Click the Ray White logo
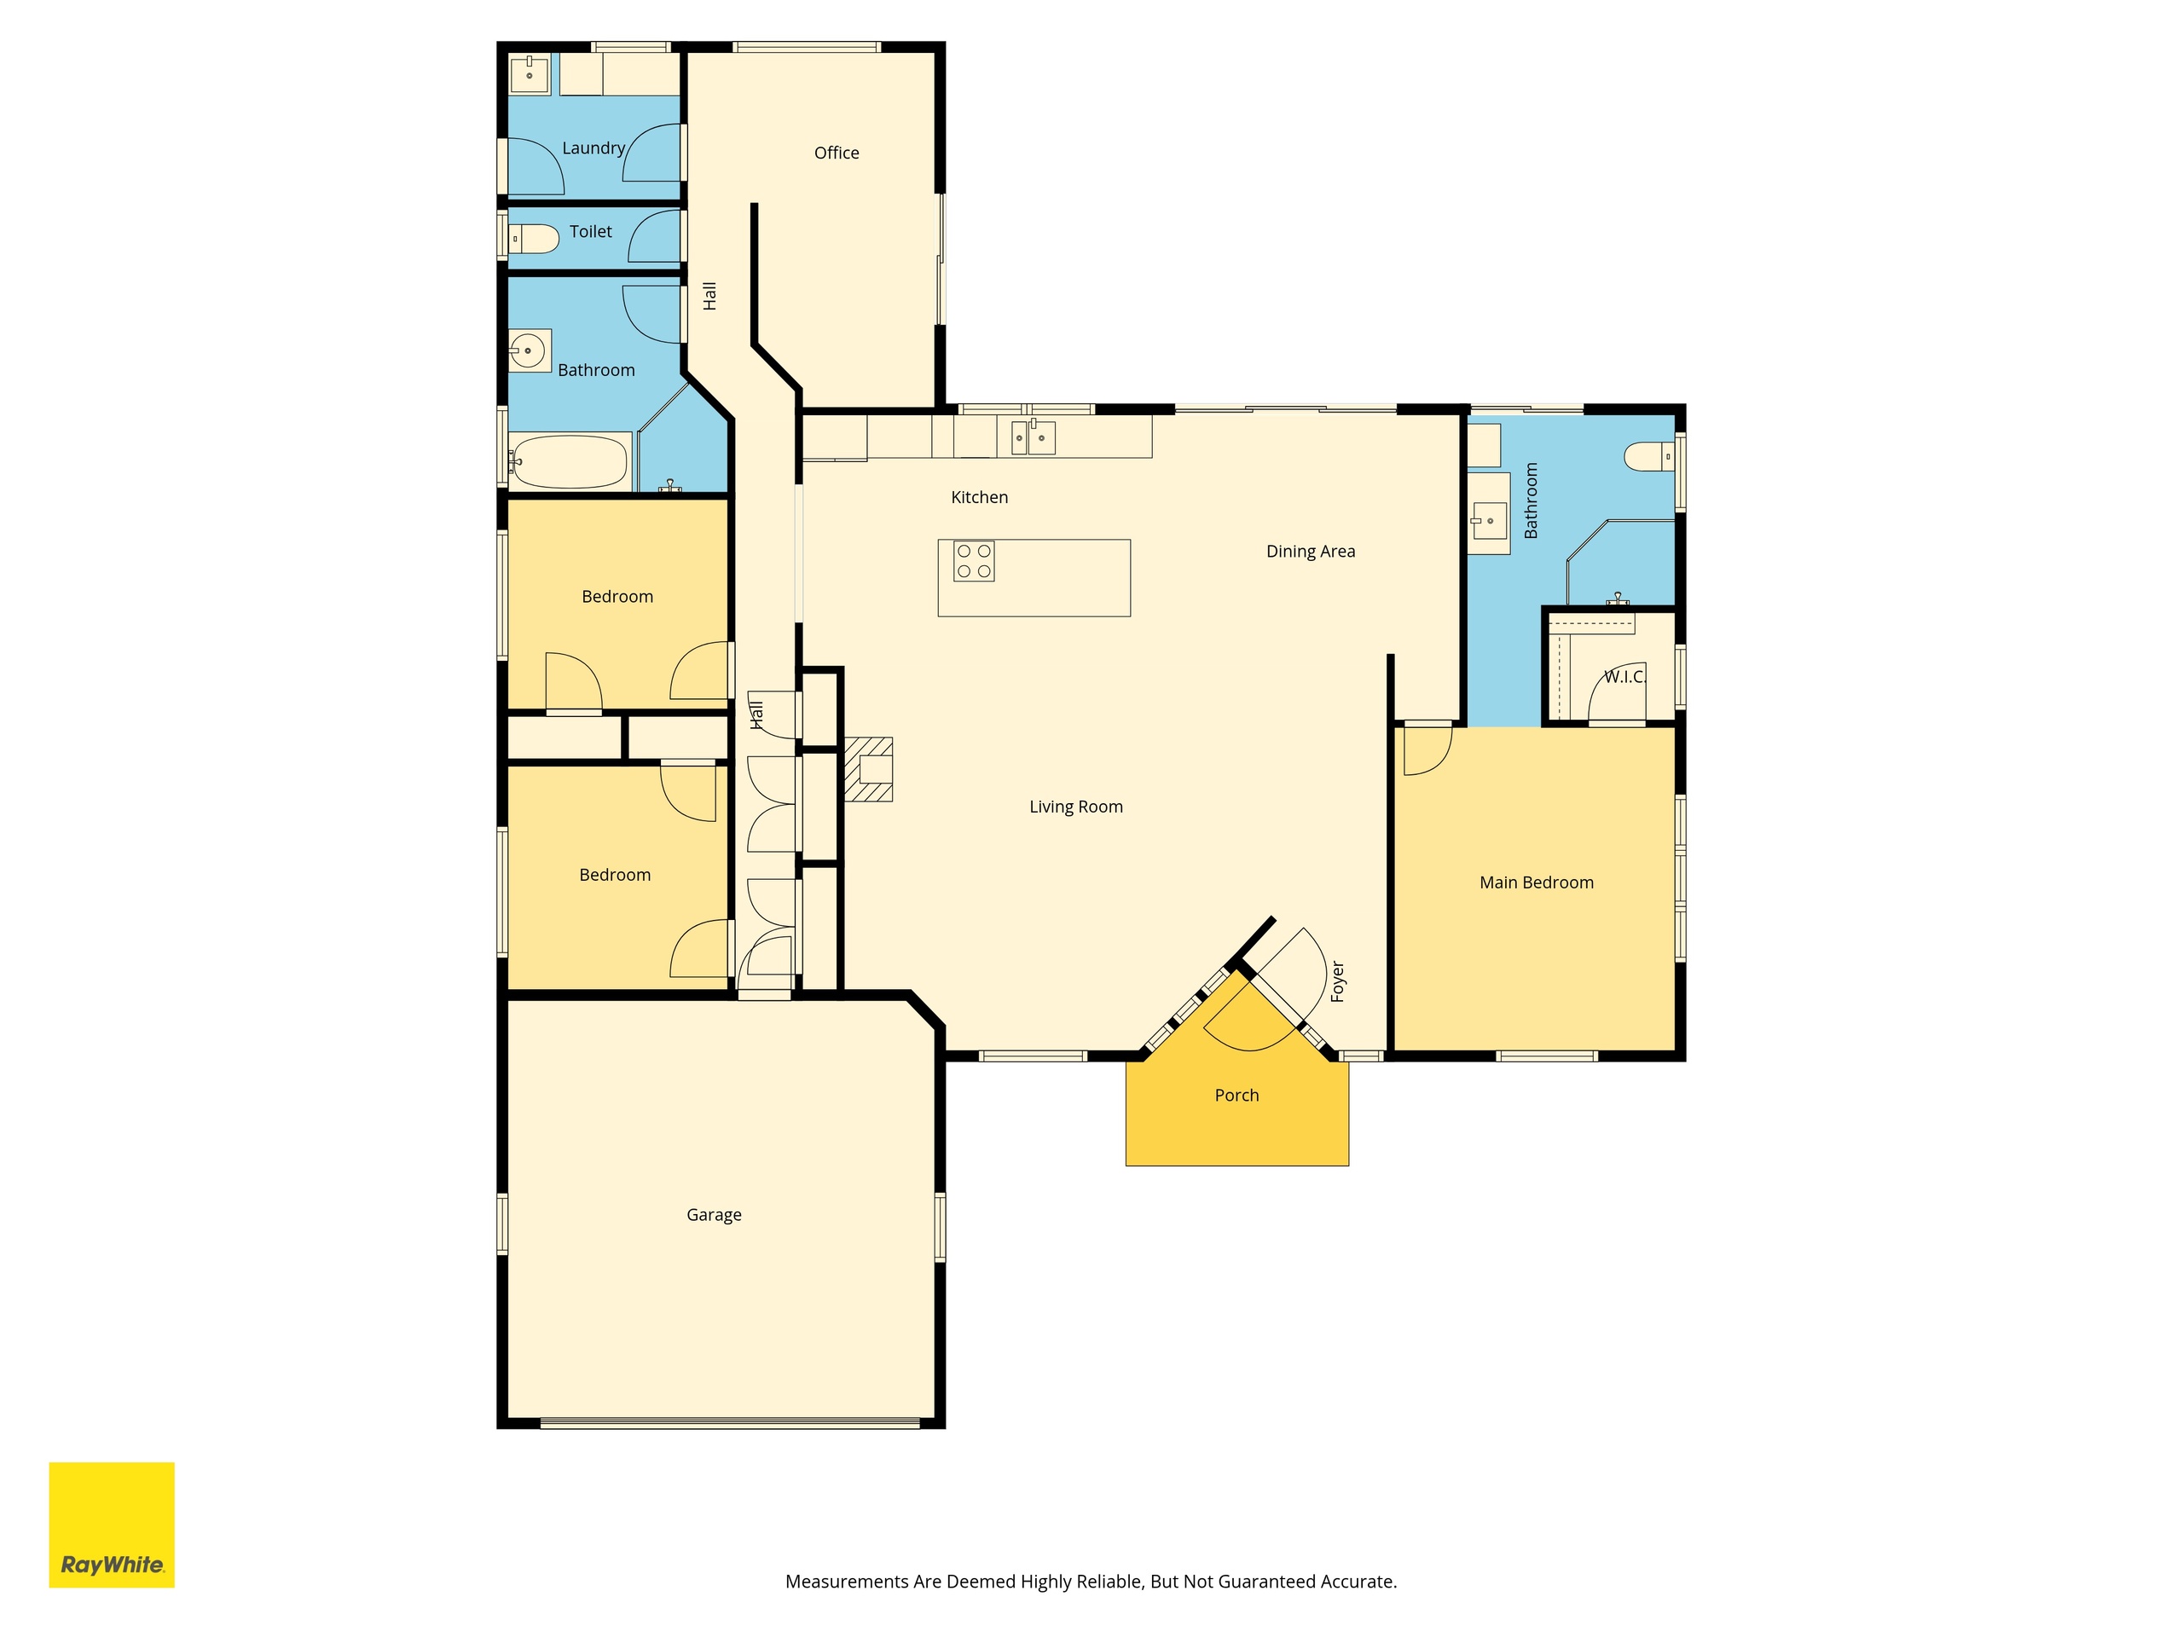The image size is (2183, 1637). click(112, 1524)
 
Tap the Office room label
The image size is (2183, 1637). click(836, 153)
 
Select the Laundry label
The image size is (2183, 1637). click(594, 148)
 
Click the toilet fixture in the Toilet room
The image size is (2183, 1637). click(533, 239)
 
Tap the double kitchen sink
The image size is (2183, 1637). click(1034, 437)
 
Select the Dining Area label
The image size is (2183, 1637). click(1311, 552)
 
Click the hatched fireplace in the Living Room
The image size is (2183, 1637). click(868, 769)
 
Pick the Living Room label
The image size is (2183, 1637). click(1075, 807)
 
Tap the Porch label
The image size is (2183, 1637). click(1236, 1096)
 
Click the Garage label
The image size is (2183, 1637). click(714, 1216)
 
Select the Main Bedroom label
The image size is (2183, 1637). click(1537, 883)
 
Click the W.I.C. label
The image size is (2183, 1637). click(1624, 677)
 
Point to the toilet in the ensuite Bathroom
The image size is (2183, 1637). click(1649, 457)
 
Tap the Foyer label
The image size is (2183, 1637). click(1338, 982)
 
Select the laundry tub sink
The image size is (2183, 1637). click(529, 74)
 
